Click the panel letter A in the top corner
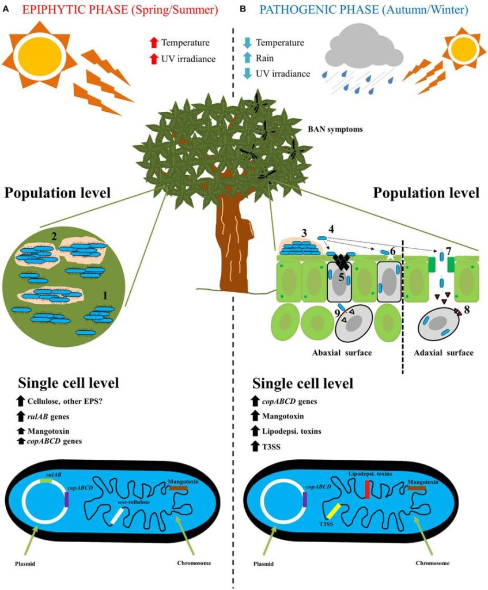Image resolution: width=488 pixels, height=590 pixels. pos(5,8)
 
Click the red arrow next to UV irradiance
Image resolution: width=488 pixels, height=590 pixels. pos(154,58)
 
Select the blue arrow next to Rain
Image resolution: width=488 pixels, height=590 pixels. pos(247,58)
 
